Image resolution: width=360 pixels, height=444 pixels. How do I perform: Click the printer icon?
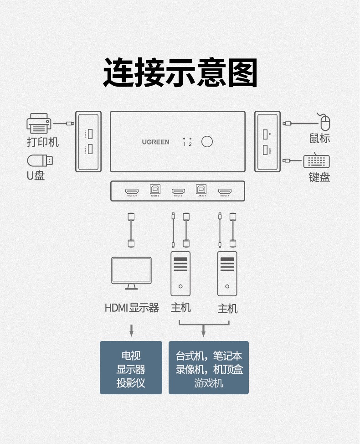(x=39, y=124)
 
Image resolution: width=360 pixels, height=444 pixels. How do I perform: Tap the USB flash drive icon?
(x=40, y=160)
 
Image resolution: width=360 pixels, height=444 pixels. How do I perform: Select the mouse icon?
(x=324, y=122)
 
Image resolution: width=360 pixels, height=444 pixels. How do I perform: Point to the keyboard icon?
(x=316, y=161)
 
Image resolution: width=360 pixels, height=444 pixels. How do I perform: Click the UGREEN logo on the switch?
(x=155, y=142)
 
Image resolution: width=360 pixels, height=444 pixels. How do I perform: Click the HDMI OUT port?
(x=132, y=191)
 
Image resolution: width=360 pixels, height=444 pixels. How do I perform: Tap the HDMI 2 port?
(x=178, y=191)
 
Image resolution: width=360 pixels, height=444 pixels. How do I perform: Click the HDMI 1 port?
(x=224, y=191)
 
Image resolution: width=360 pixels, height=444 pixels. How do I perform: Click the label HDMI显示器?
(x=132, y=308)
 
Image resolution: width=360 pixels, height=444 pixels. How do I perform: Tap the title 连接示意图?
(x=180, y=73)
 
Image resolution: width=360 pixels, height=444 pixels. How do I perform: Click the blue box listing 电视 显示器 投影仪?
(x=131, y=367)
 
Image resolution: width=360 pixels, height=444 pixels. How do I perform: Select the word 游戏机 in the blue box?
(x=209, y=383)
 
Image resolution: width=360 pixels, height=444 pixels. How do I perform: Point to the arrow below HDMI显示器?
(x=131, y=330)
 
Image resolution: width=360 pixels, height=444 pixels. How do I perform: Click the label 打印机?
(x=43, y=142)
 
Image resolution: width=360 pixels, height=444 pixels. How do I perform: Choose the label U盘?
(x=36, y=176)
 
